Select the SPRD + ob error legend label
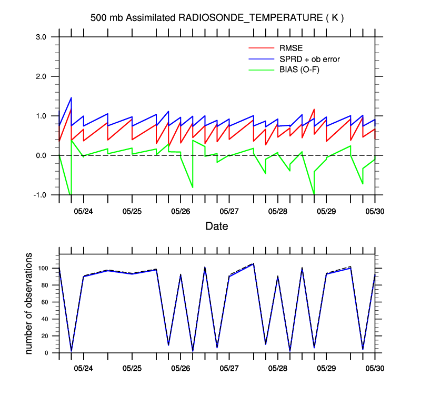pos(309,59)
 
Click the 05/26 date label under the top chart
pos(181,211)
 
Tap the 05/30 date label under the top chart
pos(375,211)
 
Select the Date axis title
pos(217,227)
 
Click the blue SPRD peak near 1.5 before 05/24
pos(71,98)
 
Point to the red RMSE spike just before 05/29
pos(314,110)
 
